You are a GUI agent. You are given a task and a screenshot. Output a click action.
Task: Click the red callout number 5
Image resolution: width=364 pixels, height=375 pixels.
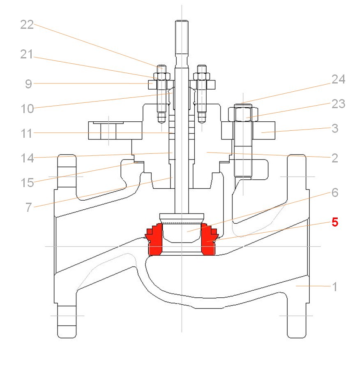(335, 222)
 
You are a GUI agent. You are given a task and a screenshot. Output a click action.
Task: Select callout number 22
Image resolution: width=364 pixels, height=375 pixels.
(27, 25)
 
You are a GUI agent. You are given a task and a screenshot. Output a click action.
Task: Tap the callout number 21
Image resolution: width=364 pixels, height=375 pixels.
(27, 54)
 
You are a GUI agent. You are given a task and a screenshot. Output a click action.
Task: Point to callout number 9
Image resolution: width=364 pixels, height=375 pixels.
(28, 84)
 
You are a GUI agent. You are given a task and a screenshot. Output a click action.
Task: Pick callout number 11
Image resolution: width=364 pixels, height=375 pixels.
(27, 133)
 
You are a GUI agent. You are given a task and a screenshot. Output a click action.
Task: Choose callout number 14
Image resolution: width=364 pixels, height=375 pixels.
(27, 157)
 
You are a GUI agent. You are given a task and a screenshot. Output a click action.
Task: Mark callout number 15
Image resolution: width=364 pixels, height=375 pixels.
(27, 183)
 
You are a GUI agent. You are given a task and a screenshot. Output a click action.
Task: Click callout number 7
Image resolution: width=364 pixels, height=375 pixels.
(28, 207)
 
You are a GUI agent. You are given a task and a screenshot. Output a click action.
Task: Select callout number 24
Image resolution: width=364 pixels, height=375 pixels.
(338, 80)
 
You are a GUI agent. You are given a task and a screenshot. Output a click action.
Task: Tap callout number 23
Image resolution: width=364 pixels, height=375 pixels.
(338, 104)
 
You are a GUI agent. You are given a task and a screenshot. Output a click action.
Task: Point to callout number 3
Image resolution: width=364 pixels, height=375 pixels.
(335, 128)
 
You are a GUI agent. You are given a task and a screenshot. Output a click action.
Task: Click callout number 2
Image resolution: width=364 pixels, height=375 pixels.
(335, 158)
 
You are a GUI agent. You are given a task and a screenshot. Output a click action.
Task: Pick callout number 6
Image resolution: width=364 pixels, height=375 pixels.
(335, 192)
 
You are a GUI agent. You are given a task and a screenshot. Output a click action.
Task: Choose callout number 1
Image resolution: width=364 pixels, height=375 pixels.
(335, 287)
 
